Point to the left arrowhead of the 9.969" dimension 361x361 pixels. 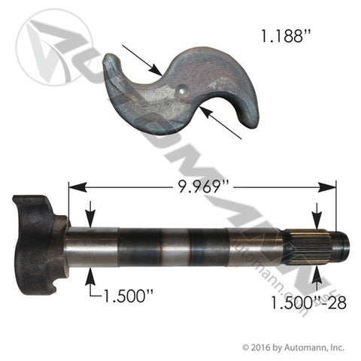coord(73,184)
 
